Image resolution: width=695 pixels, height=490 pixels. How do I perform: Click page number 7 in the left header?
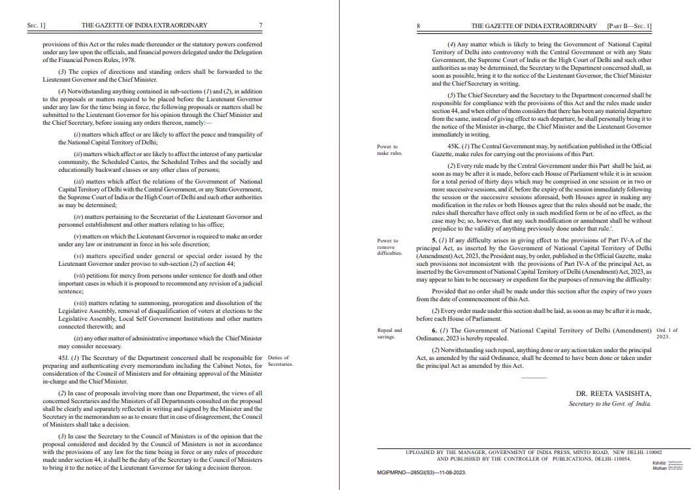pos(261,25)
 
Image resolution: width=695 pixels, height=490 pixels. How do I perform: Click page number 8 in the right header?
pos(418,26)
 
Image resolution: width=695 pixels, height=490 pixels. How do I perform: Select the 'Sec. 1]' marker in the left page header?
pos(37,25)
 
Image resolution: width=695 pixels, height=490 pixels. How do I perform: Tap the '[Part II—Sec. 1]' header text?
pos(629,26)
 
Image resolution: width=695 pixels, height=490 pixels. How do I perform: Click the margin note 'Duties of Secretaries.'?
pos(280,361)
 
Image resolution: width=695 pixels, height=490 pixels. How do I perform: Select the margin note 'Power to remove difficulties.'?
pos(389,246)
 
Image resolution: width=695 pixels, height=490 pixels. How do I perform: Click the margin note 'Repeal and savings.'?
pos(389,334)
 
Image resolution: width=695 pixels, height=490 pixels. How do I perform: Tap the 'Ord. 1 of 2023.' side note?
pos(668,333)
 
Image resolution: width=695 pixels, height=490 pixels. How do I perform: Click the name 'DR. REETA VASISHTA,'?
pos(614,393)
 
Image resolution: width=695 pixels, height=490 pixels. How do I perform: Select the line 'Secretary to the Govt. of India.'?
pos(610,404)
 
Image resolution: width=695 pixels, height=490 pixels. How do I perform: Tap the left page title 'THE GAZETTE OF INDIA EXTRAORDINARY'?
pos(144,25)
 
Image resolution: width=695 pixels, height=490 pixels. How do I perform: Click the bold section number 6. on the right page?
pos(434,331)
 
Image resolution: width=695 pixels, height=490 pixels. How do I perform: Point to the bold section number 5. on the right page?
pos(434,240)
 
